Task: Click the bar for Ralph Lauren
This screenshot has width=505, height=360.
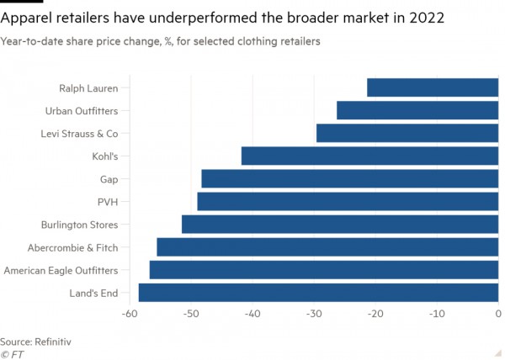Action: point(433,87)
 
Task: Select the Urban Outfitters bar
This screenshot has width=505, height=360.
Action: point(417,110)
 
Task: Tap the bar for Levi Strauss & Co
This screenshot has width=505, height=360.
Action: point(407,133)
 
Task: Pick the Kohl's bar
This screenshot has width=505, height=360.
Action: point(369,156)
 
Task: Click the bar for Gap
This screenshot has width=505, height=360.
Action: point(350,178)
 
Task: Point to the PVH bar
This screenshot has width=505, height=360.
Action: point(348,201)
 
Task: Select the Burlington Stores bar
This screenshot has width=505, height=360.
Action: point(340,225)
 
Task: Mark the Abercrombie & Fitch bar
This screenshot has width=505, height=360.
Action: point(327,247)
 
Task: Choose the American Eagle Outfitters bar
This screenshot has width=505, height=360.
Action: point(324,270)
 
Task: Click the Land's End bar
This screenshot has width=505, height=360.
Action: point(318,293)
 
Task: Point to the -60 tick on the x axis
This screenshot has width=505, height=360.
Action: point(130,314)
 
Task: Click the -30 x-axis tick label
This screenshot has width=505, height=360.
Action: point(314,314)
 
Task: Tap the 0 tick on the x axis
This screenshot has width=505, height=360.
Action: point(497,314)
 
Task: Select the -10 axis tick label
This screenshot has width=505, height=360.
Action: point(436,314)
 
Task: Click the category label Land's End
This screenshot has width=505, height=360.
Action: point(93,293)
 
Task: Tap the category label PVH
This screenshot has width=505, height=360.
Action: point(106,202)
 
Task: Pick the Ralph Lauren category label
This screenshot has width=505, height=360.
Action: point(88,87)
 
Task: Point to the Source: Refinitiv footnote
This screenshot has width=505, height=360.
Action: point(35,341)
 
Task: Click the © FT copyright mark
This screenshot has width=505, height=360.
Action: point(13,354)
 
